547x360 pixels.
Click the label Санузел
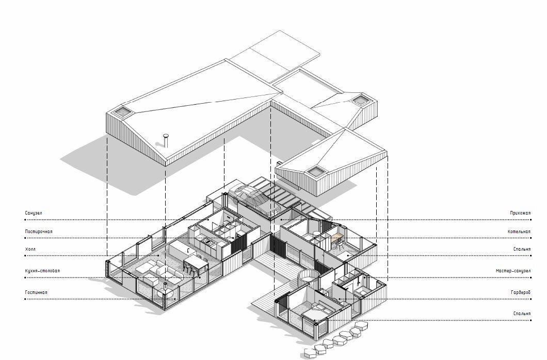click(x=34, y=213)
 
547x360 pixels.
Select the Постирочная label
click(x=39, y=232)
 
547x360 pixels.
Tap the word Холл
click(x=30, y=249)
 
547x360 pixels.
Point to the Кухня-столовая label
click(x=42, y=271)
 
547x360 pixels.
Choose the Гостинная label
click(x=36, y=292)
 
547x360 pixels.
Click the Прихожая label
click(x=520, y=213)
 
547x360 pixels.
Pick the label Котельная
click(x=519, y=232)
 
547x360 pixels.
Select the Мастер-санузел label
click(x=513, y=271)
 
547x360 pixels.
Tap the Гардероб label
click(x=521, y=292)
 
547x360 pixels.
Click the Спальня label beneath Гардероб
click(x=522, y=314)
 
